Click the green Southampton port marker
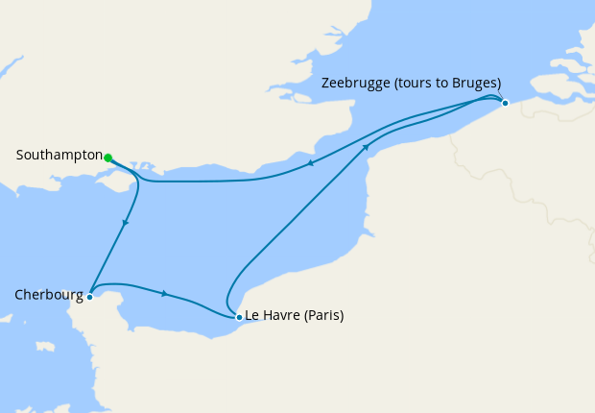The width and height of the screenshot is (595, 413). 108,158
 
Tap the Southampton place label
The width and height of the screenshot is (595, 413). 59,156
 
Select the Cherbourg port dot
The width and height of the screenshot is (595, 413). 89,297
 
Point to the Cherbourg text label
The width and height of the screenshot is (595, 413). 49,296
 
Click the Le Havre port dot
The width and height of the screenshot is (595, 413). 238,316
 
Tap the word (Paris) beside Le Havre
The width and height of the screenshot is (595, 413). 322,315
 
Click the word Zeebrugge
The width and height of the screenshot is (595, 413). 355,83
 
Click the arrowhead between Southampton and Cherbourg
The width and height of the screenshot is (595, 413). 125,223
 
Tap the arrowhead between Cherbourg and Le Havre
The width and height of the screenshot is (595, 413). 167,294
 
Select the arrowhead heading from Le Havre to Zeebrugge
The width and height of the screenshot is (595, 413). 366,147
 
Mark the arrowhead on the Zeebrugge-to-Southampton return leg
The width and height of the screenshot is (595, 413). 311,164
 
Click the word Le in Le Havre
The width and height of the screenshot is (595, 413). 253,315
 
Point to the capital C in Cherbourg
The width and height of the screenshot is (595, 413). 20,296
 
